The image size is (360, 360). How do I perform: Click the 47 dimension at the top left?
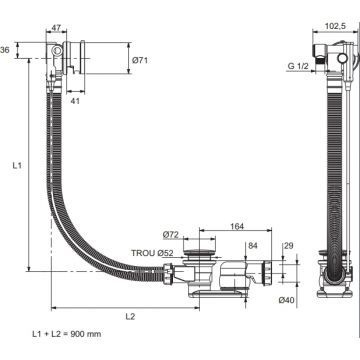pyautogui.click(x=56, y=28)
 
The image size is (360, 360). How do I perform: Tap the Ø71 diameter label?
pyautogui.click(x=140, y=60)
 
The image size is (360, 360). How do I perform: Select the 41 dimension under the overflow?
pyautogui.click(x=76, y=101)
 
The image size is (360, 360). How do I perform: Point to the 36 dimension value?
pyautogui.click(x=5, y=50)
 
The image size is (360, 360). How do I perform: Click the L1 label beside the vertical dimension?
pyautogui.click(x=17, y=165)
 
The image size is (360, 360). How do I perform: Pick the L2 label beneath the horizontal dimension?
pyautogui.click(x=130, y=317)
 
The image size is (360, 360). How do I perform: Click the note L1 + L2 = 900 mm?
pyautogui.click(x=67, y=334)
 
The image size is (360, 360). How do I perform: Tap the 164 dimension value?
pyautogui.click(x=237, y=227)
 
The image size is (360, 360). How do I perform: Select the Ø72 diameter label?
pyautogui.click(x=171, y=235)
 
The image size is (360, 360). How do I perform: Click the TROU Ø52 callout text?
pyautogui.click(x=152, y=253)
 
